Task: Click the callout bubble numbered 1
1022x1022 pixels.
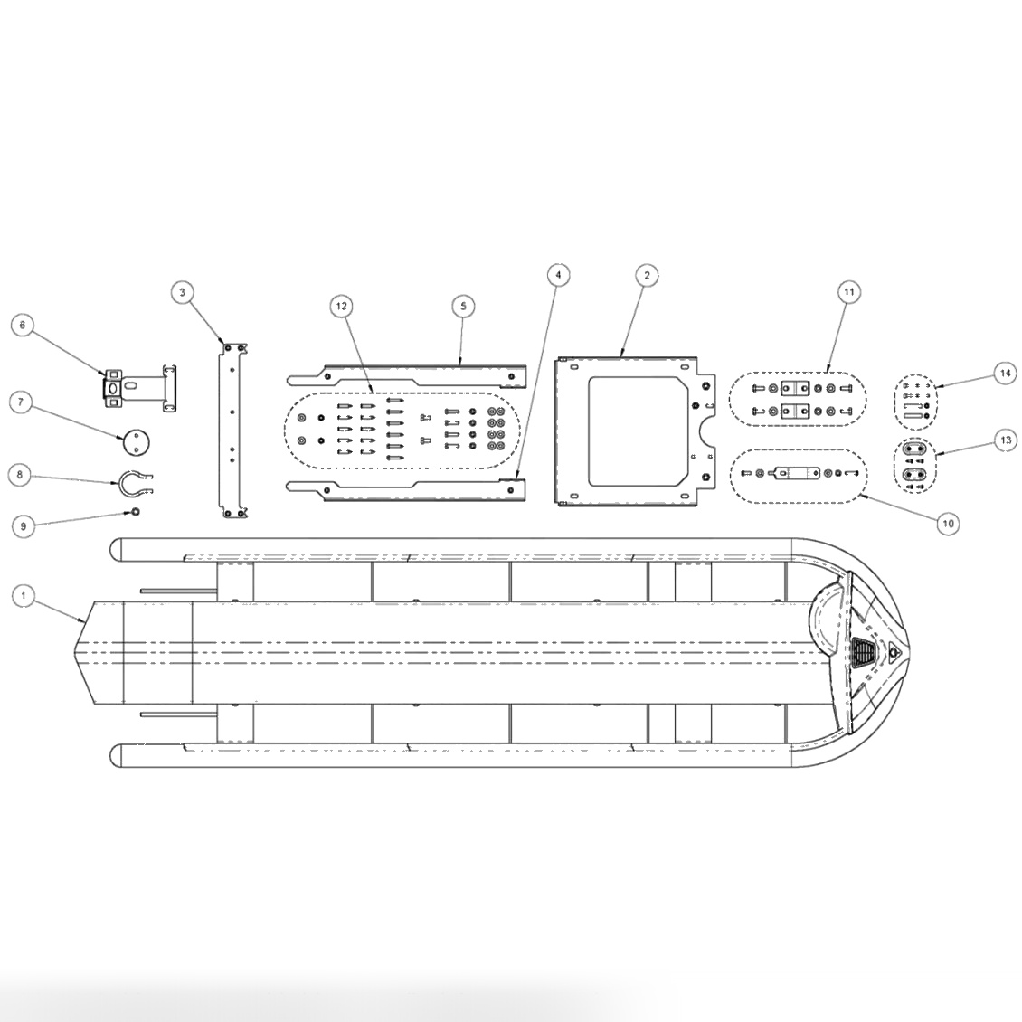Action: (24, 595)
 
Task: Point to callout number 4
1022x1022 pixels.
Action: (558, 274)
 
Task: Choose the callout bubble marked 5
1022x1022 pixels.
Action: (462, 307)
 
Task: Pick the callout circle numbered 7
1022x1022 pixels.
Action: (24, 402)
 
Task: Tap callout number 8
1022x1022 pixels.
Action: (24, 473)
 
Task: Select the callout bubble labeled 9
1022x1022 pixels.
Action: (24, 525)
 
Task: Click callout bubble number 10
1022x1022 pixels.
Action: (947, 523)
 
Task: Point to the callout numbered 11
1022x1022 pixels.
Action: (848, 292)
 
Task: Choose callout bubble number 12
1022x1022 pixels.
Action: (341, 307)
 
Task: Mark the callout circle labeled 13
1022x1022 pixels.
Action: (1003, 440)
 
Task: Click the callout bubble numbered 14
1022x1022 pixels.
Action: (1003, 372)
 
